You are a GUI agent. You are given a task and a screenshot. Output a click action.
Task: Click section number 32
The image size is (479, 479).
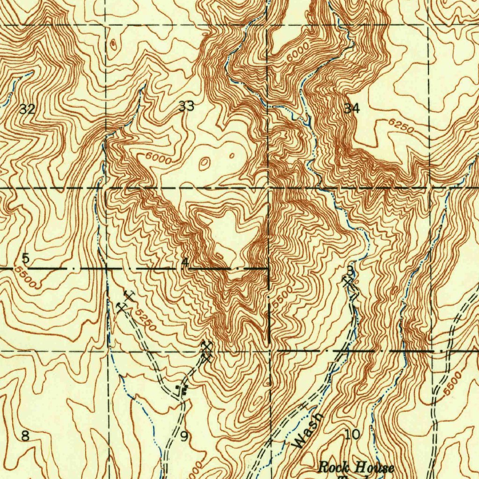[x=27, y=109]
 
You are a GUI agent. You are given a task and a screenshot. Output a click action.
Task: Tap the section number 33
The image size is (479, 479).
[x=186, y=106]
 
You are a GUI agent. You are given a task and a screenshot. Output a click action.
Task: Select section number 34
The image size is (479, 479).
[x=352, y=109]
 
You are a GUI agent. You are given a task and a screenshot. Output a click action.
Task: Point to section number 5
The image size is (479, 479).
[x=26, y=258]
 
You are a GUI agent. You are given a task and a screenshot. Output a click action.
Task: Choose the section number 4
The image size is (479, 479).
[x=185, y=262]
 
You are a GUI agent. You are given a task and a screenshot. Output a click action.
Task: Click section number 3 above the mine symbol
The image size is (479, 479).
[x=350, y=270]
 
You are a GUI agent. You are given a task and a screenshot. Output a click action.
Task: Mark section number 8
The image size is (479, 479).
[x=25, y=436]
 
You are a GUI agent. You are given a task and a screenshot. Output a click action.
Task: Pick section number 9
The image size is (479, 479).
[x=184, y=437]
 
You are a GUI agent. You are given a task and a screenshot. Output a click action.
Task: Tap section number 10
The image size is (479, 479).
[x=352, y=435]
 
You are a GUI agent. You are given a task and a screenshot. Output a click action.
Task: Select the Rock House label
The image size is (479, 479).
[x=356, y=467]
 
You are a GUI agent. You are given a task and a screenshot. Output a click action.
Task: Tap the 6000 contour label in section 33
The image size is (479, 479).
[x=158, y=158]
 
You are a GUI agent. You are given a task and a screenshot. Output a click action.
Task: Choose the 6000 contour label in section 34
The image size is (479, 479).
[x=298, y=51]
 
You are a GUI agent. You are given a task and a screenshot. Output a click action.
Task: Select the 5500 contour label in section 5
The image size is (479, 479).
[x=25, y=277]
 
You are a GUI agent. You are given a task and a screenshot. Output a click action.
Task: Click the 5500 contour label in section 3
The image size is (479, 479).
[x=283, y=298]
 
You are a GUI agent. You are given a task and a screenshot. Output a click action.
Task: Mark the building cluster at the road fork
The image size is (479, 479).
[x=182, y=389]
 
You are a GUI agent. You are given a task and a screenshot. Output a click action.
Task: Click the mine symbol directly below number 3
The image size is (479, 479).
[x=348, y=282]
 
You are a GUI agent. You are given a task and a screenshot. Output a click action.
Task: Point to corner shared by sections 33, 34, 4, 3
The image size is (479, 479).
[x=269, y=188]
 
